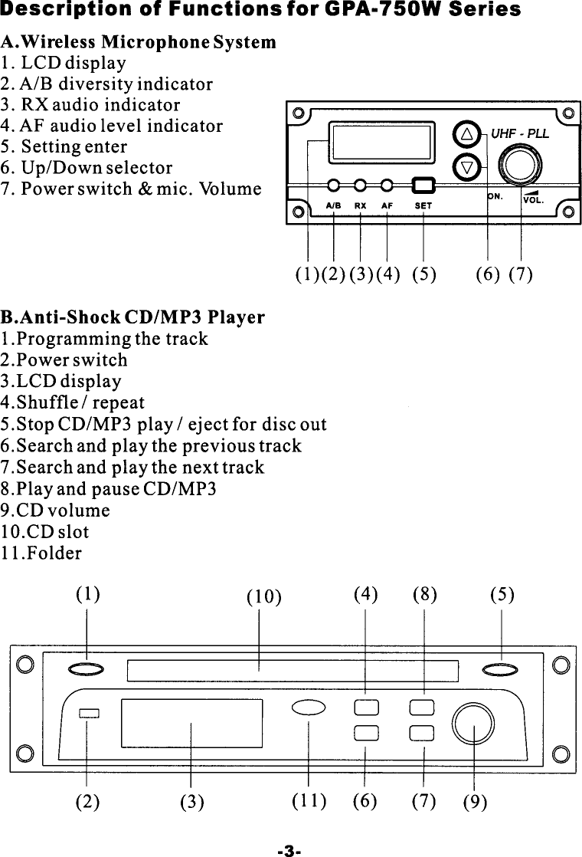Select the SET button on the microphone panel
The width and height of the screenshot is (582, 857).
click(423, 186)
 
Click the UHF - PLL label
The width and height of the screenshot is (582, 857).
click(520, 133)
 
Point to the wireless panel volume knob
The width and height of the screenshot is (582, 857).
click(520, 163)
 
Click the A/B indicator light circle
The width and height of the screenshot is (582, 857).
click(334, 186)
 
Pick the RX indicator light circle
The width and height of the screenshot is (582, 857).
click(361, 186)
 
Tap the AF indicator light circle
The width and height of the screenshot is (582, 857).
click(387, 186)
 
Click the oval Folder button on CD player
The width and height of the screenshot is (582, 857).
click(309, 709)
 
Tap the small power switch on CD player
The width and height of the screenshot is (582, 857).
click(89, 714)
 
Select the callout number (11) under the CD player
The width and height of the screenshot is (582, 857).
click(309, 801)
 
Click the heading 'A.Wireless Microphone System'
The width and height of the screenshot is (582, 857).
click(139, 41)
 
